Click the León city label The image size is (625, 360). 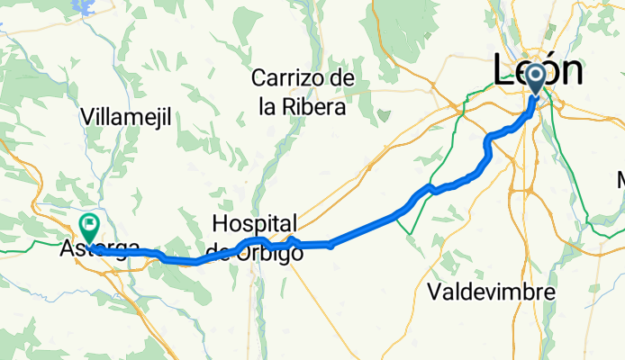(538, 71)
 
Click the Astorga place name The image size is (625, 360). (99, 248)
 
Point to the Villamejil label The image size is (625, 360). (125, 116)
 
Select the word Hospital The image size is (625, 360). (256, 224)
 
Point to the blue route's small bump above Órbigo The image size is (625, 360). (292, 238)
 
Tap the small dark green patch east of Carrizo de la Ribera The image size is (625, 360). (385, 116)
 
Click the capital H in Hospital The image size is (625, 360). (222, 223)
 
